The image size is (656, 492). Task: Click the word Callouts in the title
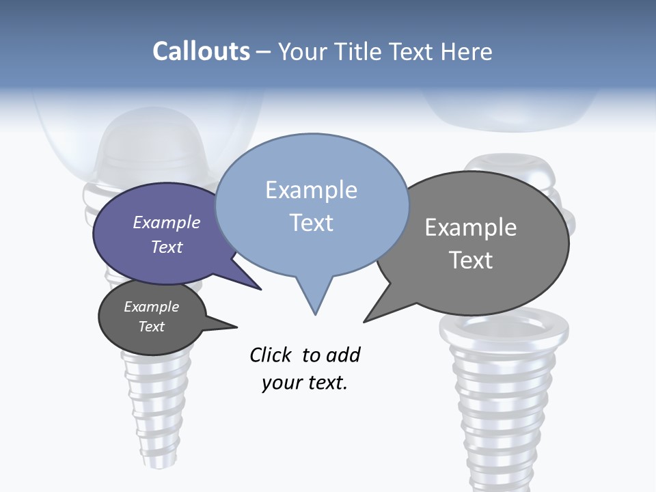point(201,51)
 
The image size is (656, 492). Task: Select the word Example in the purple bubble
point(167,222)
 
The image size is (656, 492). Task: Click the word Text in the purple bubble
point(167,247)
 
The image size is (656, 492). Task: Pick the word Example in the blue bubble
point(311,190)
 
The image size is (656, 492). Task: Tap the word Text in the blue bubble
point(311,223)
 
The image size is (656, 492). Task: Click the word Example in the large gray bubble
point(471,227)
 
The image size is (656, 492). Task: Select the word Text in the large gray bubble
point(471,260)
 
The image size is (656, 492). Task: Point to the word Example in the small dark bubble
point(152,307)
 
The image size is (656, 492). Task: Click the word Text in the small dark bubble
point(152,327)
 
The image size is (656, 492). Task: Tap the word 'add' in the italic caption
point(343,355)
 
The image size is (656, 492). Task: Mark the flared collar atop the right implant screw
point(504,327)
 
